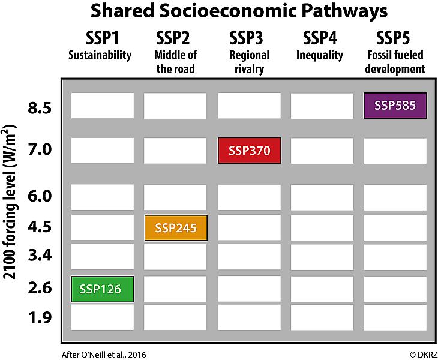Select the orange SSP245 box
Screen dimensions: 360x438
coord(176,228)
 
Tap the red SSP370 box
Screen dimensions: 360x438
coord(249,151)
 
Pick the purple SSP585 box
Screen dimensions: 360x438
coord(395,106)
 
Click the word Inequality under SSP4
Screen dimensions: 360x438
coord(320,56)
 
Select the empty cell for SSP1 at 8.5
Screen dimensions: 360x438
coord(102,106)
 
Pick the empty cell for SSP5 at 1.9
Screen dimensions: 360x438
coord(395,317)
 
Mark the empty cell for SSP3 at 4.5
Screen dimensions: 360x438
coord(249,228)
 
